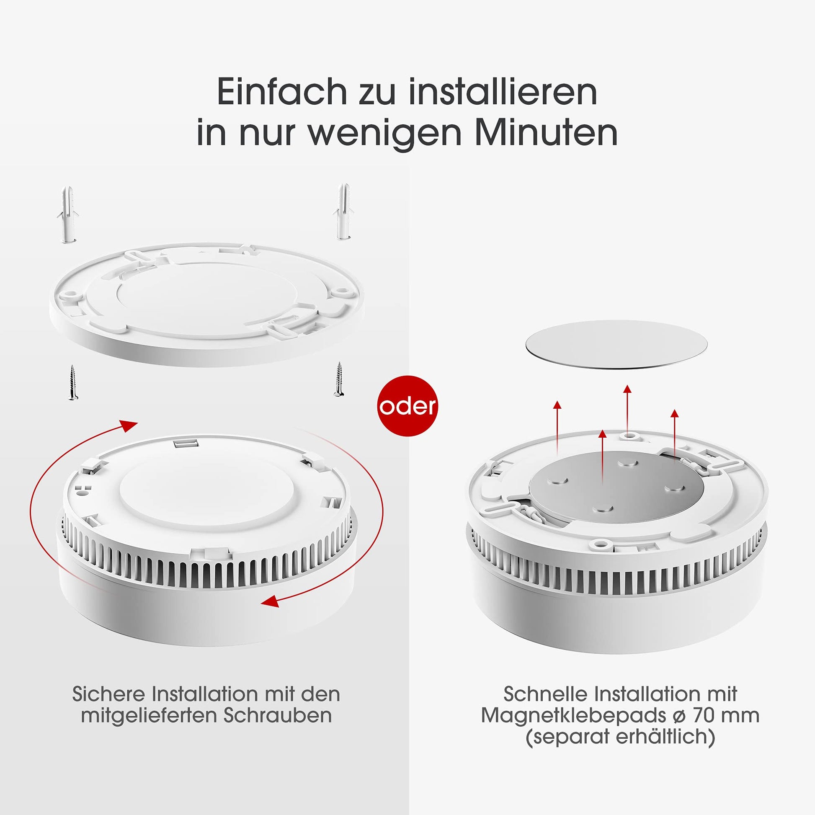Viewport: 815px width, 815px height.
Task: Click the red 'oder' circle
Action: coord(407,405)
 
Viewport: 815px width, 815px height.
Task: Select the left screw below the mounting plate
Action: coord(73,383)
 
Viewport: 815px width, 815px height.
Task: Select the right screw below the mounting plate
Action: coord(338,379)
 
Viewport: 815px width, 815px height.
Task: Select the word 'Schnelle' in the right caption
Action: coord(545,694)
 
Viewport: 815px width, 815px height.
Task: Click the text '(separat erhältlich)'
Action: coord(620,737)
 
